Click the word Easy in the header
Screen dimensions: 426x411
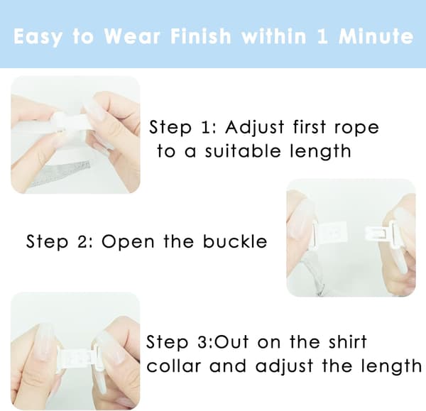click(x=37, y=37)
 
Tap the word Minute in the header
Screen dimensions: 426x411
click(x=376, y=36)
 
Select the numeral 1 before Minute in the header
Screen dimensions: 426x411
click(x=322, y=36)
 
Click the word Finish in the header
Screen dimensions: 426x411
click(x=201, y=36)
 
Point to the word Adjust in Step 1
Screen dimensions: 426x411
click(x=255, y=127)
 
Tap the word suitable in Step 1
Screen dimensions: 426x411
click(x=242, y=151)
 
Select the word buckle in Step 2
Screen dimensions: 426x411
click(x=235, y=241)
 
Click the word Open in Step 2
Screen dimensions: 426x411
click(x=128, y=242)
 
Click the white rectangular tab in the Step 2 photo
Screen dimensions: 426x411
click(x=331, y=234)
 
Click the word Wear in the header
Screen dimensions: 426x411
click(x=132, y=36)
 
